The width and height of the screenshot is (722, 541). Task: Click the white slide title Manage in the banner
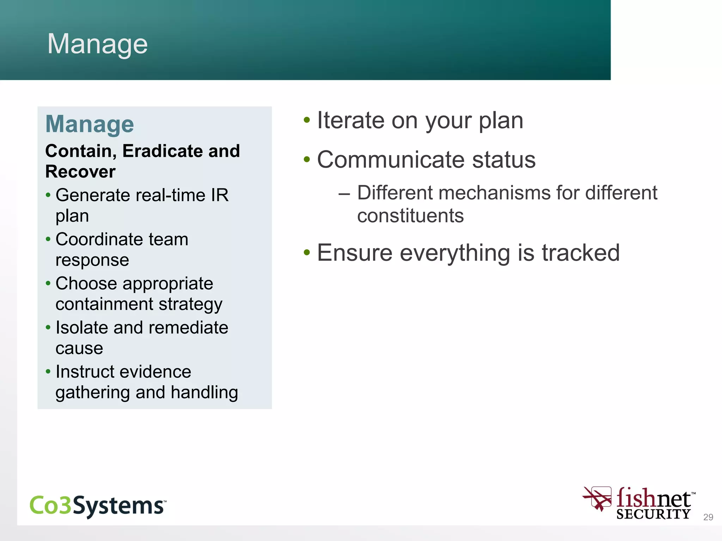tap(97, 44)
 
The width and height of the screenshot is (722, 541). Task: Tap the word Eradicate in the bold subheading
tap(163, 151)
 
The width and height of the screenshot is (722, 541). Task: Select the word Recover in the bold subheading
tap(80, 172)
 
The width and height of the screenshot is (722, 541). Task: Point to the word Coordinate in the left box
tap(99, 239)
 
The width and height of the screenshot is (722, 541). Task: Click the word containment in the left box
tap(104, 304)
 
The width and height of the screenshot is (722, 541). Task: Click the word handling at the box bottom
tap(204, 392)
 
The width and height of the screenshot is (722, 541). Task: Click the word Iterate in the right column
tap(350, 120)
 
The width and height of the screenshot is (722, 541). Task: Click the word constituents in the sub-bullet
tap(410, 216)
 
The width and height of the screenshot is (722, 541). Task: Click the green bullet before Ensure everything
tap(307, 252)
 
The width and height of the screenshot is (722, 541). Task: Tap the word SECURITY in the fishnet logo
tap(653, 514)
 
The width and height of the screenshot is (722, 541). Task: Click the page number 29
tap(708, 517)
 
